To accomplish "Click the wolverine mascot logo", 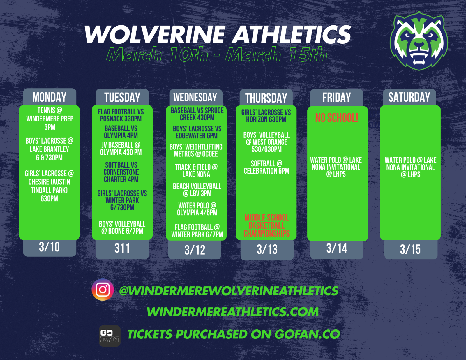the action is [x=419, y=41].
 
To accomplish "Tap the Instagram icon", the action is [x=103, y=290].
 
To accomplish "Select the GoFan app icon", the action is [x=110, y=336].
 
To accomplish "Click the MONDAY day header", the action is [x=49, y=97].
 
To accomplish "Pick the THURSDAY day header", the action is [x=266, y=98].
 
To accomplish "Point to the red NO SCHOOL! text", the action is [x=336, y=118].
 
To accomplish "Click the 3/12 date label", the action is [x=195, y=250].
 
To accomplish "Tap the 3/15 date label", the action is [x=410, y=249].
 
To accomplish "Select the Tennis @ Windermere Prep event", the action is [x=50, y=119].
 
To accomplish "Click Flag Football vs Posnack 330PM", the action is [x=121, y=115].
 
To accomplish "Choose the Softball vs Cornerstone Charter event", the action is [x=121, y=172].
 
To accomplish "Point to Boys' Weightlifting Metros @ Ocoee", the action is [x=196, y=150].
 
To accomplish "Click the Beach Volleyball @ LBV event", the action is [x=197, y=190].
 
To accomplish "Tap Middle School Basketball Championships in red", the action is [x=266, y=225].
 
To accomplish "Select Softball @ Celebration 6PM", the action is [x=266, y=167].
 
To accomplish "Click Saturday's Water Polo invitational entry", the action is [x=410, y=167].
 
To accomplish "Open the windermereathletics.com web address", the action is [x=233, y=312].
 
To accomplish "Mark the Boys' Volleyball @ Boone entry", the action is [x=122, y=227].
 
